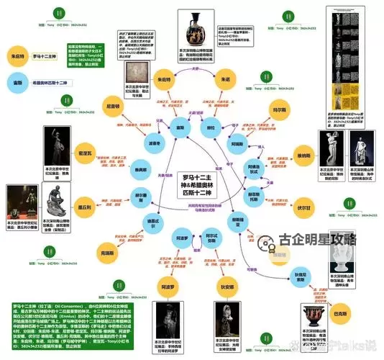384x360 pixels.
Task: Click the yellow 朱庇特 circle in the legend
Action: [18, 55]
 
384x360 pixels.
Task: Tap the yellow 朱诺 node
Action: [225, 79]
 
